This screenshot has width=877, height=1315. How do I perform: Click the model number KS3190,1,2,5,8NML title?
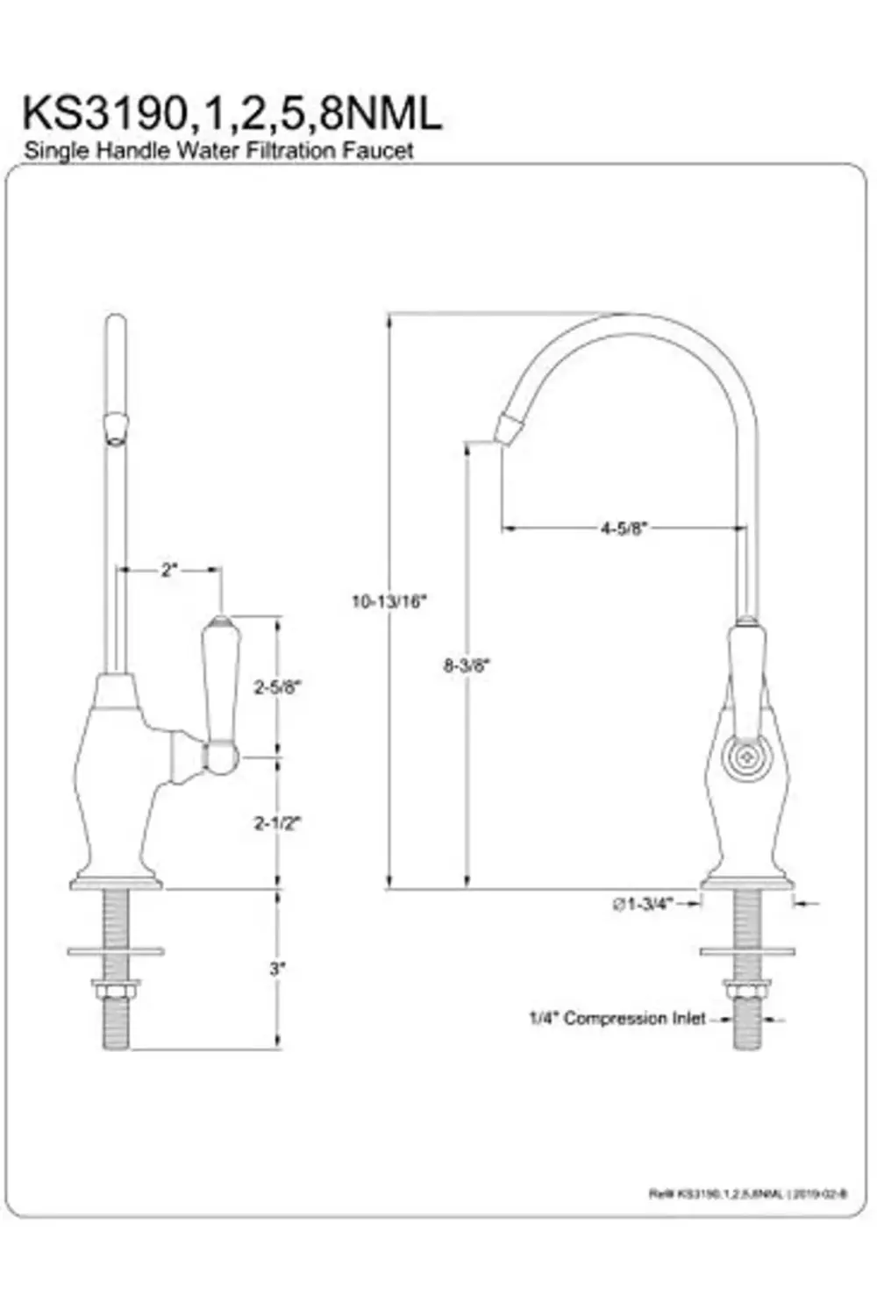(232, 113)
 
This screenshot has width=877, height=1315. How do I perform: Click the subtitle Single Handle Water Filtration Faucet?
(218, 150)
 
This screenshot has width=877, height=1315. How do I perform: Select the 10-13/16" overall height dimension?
(388, 601)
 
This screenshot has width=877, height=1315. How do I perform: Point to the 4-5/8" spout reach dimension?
(624, 528)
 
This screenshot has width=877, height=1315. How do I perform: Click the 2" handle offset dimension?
(168, 570)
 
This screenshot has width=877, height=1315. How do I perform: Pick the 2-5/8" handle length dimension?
(277, 686)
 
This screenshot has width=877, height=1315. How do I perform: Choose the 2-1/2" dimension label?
(277, 822)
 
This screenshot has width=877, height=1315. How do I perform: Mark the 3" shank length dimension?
(277, 969)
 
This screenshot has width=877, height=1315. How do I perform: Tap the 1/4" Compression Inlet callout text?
(617, 1018)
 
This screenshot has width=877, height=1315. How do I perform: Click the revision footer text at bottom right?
(747, 1193)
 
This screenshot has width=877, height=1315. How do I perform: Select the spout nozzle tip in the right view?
(509, 429)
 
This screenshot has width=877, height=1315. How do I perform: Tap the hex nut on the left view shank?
(116, 992)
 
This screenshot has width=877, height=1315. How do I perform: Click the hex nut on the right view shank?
(746, 991)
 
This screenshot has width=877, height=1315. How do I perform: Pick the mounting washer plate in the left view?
(116, 951)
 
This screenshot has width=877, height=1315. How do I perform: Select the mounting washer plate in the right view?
(746, 950)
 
